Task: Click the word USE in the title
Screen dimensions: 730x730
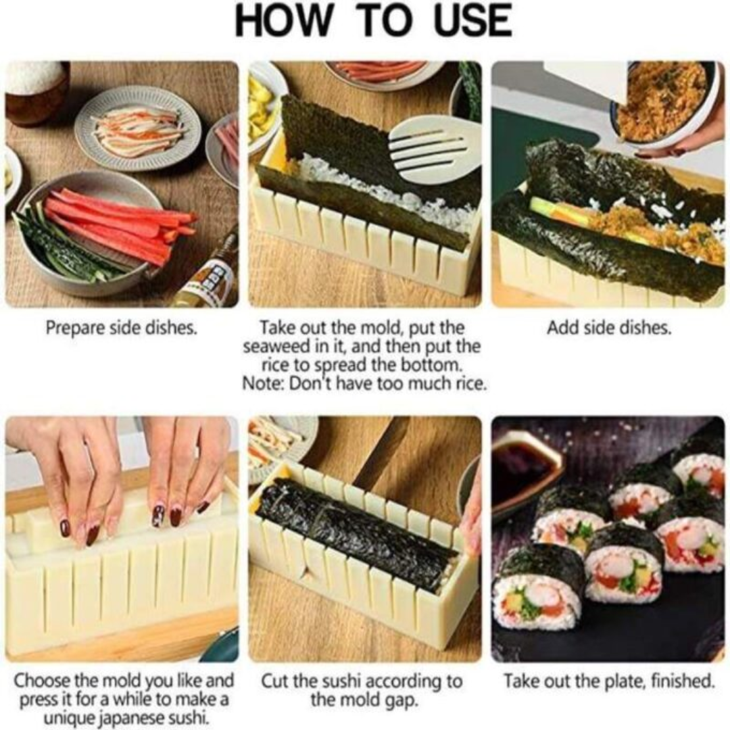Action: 473,20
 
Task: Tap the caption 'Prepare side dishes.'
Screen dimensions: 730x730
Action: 122,328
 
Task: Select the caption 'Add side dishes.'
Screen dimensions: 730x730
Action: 609,328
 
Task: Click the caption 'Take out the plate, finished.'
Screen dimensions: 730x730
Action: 609,681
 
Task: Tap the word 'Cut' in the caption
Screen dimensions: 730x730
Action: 275,681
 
